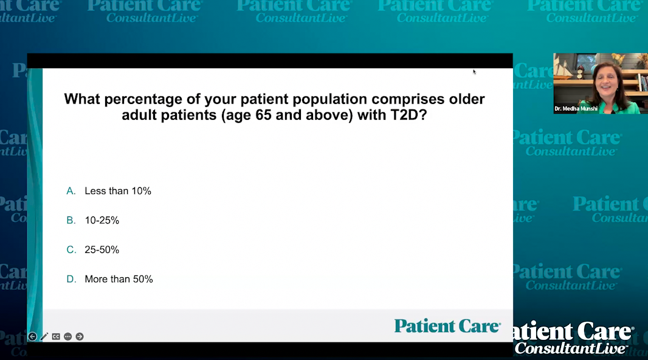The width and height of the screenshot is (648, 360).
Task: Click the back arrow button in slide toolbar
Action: point(32,336)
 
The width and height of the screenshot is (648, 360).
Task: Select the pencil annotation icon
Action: point(44,336)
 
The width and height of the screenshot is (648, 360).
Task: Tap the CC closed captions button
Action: point(56,336)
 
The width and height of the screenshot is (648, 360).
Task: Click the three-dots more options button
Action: point(67,336)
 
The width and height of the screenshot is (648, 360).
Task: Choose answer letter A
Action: point(71,191)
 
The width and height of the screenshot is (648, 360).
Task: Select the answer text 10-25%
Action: point(102,220)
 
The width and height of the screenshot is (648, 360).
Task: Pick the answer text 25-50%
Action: point(102,250)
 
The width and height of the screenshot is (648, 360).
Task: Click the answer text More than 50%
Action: point(119,279)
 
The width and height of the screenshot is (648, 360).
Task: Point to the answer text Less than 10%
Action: point(118,191)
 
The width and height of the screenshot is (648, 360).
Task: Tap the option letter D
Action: point(71,279)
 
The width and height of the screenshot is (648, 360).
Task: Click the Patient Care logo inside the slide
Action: point(447,326)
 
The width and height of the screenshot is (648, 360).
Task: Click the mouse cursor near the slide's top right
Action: point(474,71)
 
